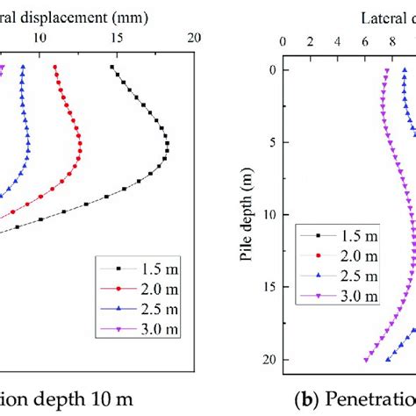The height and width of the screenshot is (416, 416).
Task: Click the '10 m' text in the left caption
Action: [111, 399]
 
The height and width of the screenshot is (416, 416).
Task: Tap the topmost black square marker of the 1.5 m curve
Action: [112, 67]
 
